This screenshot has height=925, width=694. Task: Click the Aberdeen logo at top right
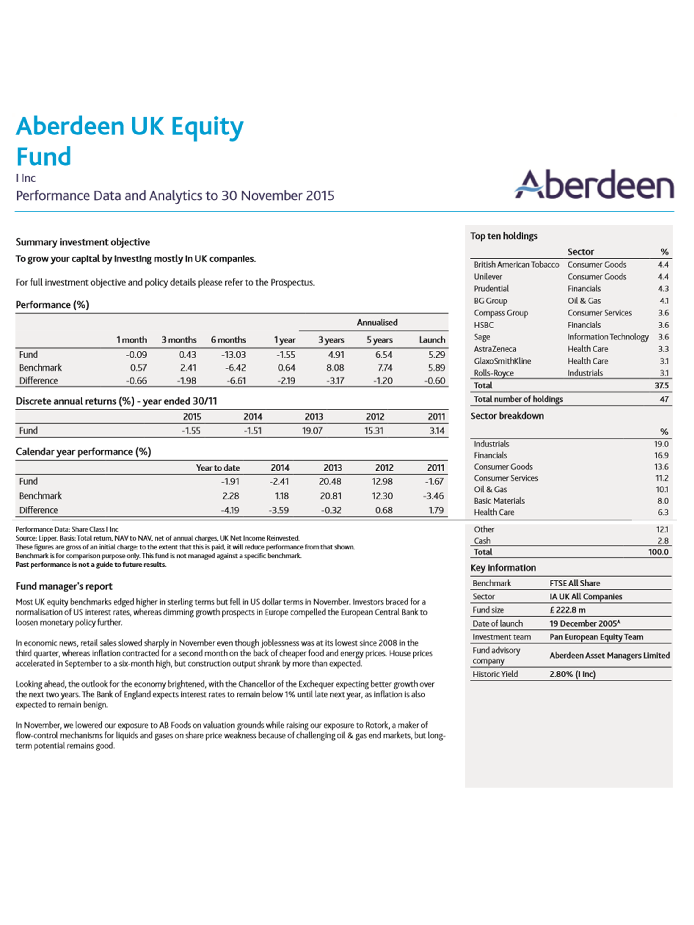click(594, 184)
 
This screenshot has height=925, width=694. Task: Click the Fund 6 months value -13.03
click(233, 355)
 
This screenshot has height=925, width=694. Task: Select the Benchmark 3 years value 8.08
click(335, 368)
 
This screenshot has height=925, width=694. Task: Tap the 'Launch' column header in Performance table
click(432, 339)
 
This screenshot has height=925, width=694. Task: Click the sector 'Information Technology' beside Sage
click(607, 337)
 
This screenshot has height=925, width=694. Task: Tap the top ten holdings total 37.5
click(661, 385)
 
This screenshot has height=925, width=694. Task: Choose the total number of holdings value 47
click(664, 399)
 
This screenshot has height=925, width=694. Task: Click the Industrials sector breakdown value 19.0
click(661, 444)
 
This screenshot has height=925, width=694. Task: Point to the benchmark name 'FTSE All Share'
click(574, 583)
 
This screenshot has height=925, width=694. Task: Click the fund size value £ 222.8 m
click(567, 610)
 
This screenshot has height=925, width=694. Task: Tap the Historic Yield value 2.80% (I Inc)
click(572, 674)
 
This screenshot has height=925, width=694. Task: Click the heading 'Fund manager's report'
click(64, 586)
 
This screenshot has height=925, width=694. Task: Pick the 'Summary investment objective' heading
click(82, 242)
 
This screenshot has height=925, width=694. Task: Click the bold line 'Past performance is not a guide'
click(91, 565)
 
